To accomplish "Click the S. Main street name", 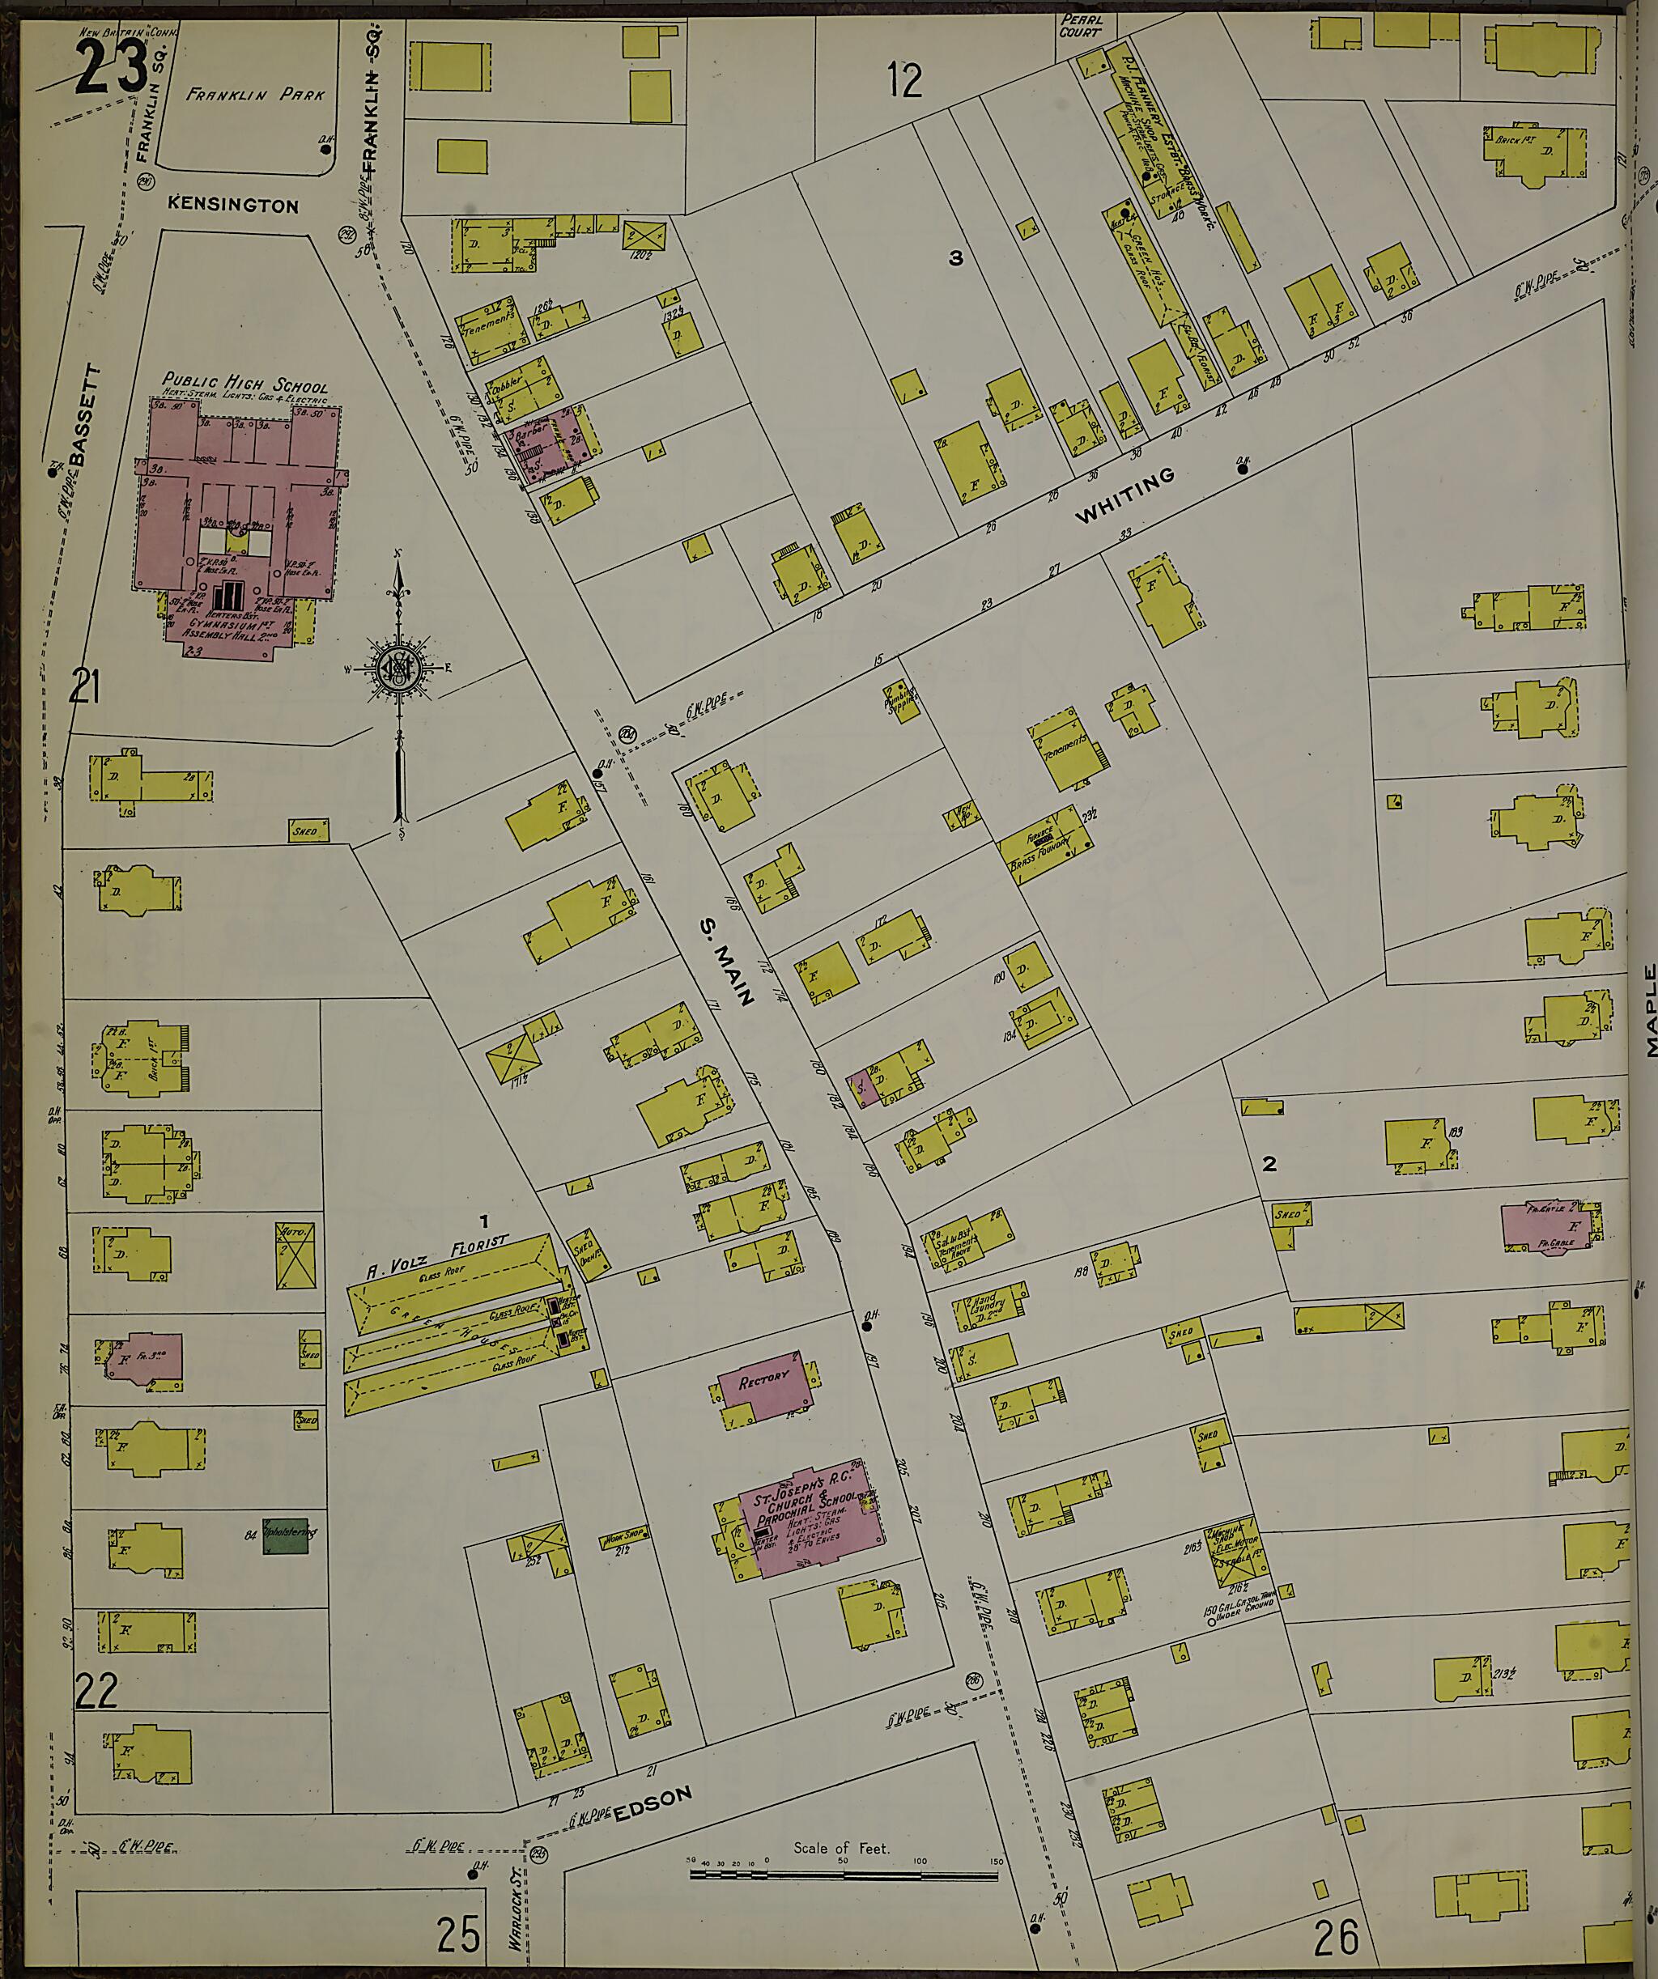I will tap(727, 963).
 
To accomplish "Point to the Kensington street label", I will tap(234, 206).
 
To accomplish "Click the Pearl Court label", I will tap(1080, 25).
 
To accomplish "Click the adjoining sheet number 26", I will tap(1336, 1939).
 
